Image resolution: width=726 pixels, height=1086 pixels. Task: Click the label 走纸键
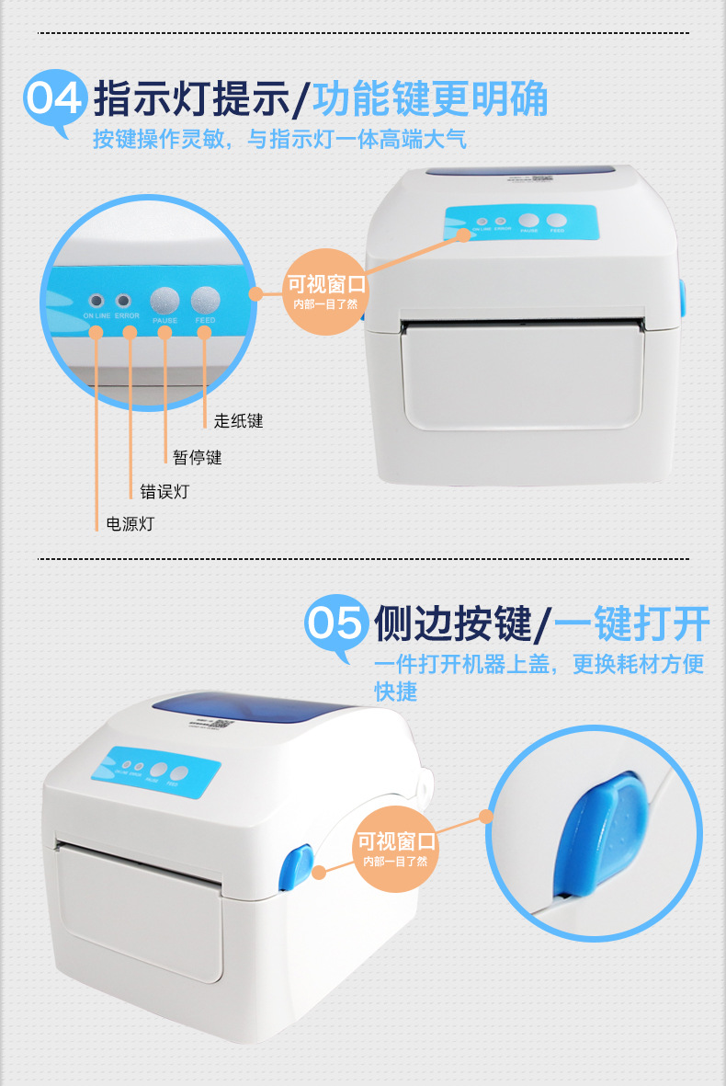238,421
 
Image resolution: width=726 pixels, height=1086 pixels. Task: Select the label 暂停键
197,456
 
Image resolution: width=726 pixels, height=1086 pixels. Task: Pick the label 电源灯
130,525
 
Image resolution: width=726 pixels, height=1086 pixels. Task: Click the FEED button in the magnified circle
205,300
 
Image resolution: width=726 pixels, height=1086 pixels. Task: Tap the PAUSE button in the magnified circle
165,300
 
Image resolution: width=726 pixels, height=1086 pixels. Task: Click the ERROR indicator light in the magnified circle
122,301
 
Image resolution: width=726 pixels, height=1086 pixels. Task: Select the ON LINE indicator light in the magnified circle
96,301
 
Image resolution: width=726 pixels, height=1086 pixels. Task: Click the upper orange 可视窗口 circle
325,291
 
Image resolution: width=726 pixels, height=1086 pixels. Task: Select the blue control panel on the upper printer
519,223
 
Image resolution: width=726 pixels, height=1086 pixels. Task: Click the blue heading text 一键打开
631,624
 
